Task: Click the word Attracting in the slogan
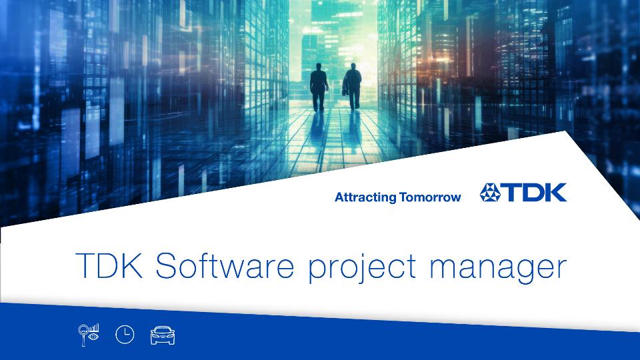(365, 197)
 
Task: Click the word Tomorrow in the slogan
(430, 197)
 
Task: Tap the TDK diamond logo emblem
(490, 193)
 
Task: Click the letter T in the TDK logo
(510, 193)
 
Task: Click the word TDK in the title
(109, 265)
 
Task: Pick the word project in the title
(362, 268)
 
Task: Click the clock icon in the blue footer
(125, 335)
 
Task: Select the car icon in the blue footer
(163, 335)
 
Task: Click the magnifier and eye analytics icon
(89, 335)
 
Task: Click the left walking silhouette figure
(319, 87)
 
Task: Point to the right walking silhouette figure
(352, 87)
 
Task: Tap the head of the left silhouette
(319, 67)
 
